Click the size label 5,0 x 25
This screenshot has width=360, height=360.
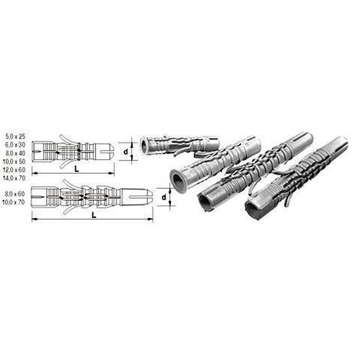16,136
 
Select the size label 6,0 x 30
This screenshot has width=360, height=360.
16,145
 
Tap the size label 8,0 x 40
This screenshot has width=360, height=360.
16,153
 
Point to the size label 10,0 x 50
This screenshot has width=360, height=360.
14,161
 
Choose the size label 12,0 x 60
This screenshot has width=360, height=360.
14,170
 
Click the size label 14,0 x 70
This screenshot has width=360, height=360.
14,178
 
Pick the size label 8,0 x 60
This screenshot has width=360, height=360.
15,194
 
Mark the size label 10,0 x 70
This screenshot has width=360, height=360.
14,202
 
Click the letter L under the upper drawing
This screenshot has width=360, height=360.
77,169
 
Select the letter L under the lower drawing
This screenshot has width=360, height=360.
94,215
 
